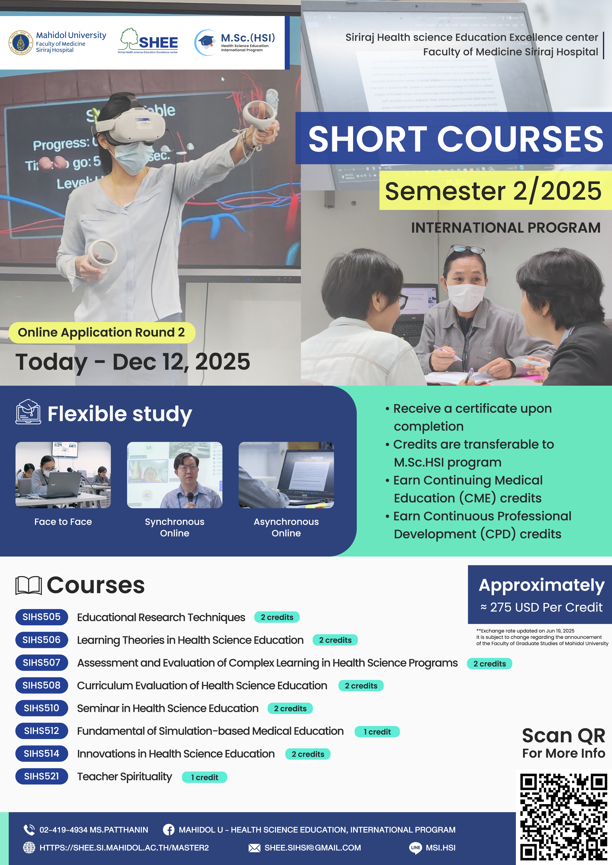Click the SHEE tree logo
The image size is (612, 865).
coord(148,41)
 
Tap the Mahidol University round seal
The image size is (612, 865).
coord(21,43)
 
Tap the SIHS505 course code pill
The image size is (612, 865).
coord(42,617)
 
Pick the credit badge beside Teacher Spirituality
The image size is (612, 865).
coord(204,777)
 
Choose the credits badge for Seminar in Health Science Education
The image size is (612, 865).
coord(290,708)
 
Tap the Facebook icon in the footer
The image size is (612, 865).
coord(169,830)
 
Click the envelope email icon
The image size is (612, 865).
coord(254,848)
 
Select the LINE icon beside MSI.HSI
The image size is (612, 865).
coord(415,848)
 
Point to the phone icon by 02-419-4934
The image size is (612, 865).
coord(29,830)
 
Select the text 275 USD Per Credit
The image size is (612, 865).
coord(546,607)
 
